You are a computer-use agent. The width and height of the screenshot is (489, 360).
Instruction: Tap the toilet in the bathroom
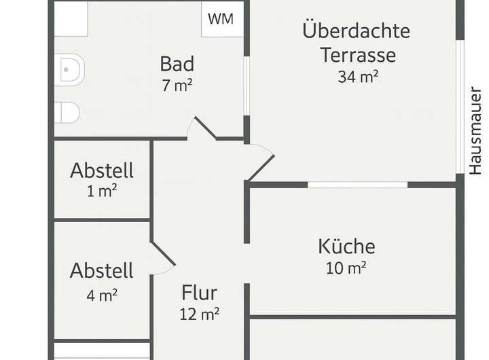pyautogui.click(x=69, y=69)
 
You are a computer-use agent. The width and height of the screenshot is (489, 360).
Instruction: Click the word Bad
pyautogui.click(x=177, y=64)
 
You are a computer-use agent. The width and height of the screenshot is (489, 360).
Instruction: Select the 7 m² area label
pyautogui.click(x=177, y=86)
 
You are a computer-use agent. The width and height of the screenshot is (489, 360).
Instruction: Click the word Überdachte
pyautogui.click(x=357, y=31)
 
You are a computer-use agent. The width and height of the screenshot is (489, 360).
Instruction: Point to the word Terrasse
pyautogui.click(x=358, y=54)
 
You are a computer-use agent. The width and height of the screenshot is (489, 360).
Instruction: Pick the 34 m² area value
pyautogui.click(x=358, y=76)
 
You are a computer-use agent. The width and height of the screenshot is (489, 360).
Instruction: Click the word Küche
pyautogui.click(x=346, y=246)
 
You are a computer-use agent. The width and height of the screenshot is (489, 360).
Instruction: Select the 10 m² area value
pyautogui.click(x=346, y=268)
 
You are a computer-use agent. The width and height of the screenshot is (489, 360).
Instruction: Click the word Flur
pyautogui.click(x=199, y=293)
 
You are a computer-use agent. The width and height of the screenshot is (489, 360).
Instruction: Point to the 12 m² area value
pyautogui.click(x=199, y=314)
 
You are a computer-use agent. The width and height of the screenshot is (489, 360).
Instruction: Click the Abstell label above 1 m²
pyautogui.click(x=102, y=170)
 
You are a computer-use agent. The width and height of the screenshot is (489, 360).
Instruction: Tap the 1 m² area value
pyautogui.click(x=102, y=191)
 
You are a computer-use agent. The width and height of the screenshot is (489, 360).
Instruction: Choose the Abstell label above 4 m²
pyautogui.click(x=102, y=271)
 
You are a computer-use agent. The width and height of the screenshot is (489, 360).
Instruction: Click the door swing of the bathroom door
pyautogui.click(x=203, y=128)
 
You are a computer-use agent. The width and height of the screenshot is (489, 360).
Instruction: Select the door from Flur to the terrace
pyautogui.click(x=260, y=164)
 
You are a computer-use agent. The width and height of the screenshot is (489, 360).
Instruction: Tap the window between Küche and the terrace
pyautogui.click(x=358, y=184)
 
